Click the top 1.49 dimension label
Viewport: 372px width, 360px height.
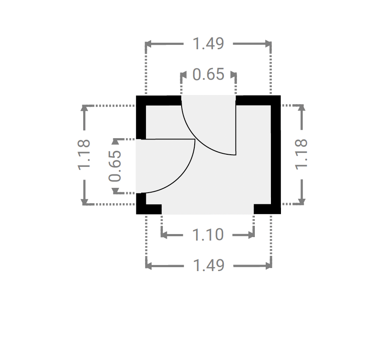coord(208,44)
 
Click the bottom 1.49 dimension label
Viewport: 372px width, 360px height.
coord(209,265)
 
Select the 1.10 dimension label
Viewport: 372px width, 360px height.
coord(208,235)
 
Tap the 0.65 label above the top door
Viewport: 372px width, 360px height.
coord(208,74)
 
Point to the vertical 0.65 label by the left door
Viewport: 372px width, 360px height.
coord(115,166)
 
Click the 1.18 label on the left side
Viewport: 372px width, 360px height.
coord(84,155)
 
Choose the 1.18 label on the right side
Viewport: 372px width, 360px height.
coord(301,154)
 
